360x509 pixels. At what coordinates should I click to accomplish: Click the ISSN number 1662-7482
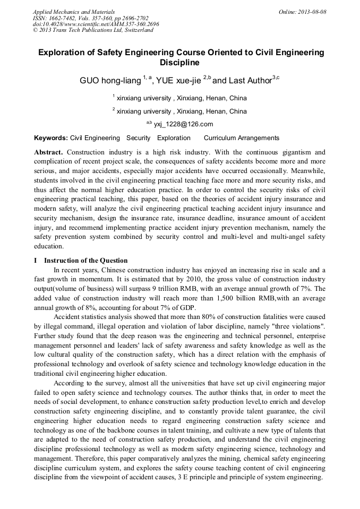pyautogui.click(x=63, y=18)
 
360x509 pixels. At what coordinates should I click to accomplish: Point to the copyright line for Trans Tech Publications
pyautogui.click(x=93, y=30)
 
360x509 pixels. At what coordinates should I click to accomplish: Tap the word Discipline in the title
pyautogui.click(x=179, y=63)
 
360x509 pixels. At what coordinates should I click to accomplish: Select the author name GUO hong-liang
pyautogui.click(x=109, y=81)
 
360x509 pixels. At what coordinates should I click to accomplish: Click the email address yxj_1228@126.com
pyautogui.click(x=183, y=124)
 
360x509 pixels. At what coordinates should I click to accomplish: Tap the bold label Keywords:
pyautogui.click(x=51, y=138)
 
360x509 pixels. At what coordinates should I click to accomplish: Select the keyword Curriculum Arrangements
pyautogui.click(x=241, y=138)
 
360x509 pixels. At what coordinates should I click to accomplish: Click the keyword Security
pyautogui.click(x=139, y=138)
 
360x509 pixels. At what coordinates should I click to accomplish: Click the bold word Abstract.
pyautogui.click(x=49, y=152)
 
